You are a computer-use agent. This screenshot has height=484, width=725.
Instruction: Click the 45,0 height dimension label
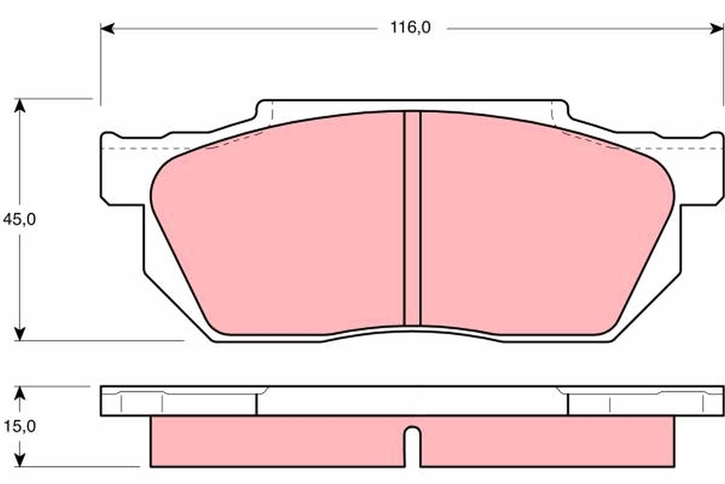[19, 219]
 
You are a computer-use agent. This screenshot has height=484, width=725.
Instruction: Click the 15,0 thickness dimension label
[19, 427]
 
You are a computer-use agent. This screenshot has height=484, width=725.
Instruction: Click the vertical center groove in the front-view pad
[412, 218]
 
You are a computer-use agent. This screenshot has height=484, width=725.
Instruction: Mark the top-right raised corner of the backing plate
[561, 109]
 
